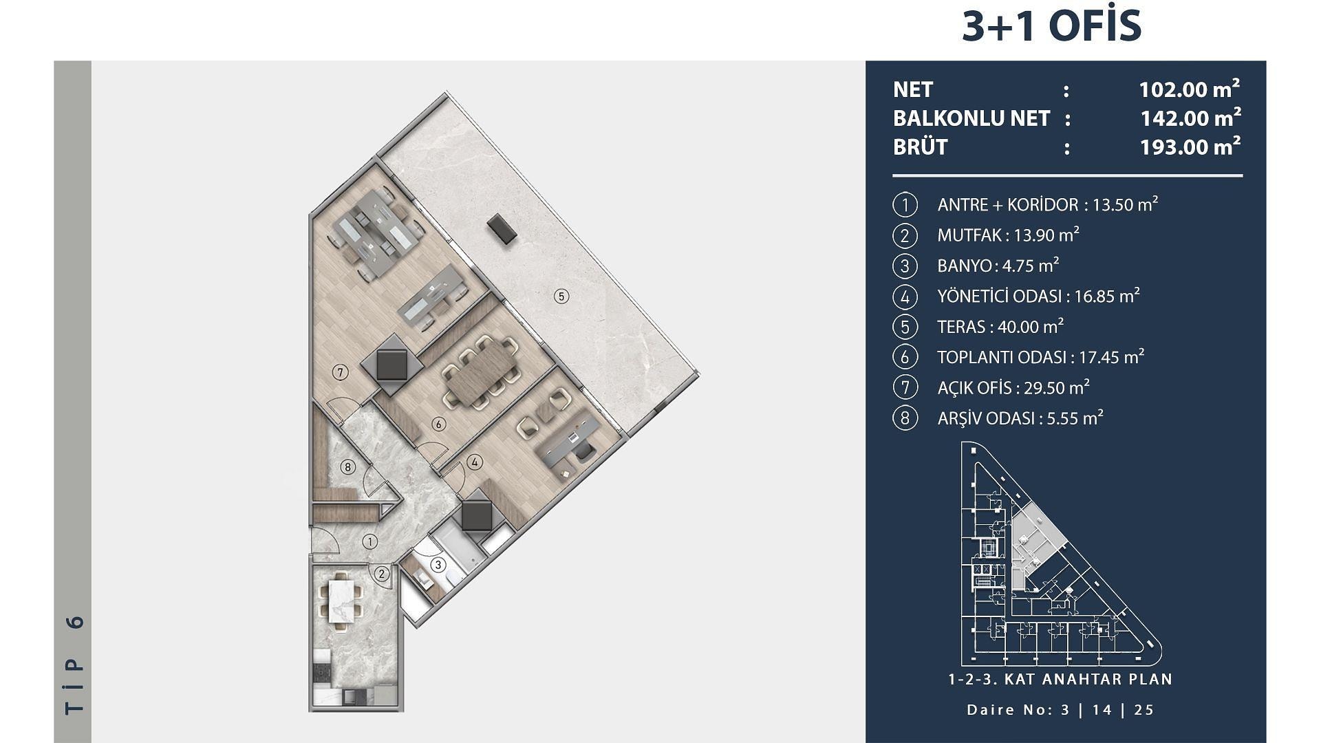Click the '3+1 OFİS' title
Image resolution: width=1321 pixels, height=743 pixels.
click(1051, 26)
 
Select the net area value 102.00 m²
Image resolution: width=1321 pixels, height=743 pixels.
click(1190, 89)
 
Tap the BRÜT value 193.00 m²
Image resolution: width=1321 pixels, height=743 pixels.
click(1190, 147)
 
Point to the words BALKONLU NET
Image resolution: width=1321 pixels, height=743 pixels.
click(971, 118)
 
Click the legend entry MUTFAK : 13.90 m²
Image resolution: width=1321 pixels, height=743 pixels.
click(1008, 235)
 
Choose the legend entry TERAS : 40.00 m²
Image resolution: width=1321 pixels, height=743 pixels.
click(1000, 327)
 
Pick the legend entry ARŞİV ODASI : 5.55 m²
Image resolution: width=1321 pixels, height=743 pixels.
click(1020, 418)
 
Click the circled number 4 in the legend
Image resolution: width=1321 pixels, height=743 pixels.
click(905, 297)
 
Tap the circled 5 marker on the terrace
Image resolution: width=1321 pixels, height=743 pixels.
click(561, 297)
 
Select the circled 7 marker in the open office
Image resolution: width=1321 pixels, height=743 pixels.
click(340, 372)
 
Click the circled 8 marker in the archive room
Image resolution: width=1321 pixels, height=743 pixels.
click(348, 468)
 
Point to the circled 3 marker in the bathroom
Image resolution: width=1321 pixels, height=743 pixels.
click(438, 566)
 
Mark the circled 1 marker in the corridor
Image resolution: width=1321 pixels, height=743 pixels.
click(370, 542)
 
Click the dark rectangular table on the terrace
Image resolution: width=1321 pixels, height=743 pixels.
click(502, 228)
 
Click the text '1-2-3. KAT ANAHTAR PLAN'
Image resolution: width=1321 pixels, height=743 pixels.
click(1060, 680)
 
